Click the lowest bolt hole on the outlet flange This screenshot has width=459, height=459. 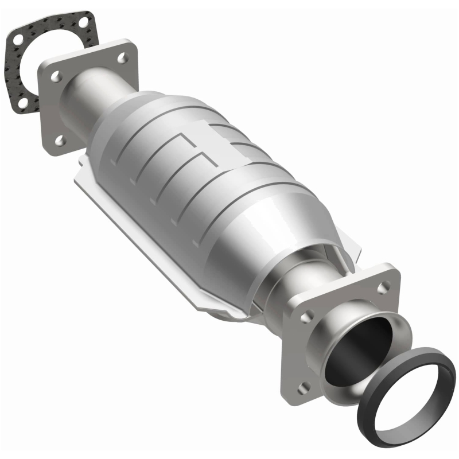tap(303, 386)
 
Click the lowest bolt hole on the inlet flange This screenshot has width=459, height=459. tap(59, 140)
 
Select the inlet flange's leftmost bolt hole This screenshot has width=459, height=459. tap(56, 76)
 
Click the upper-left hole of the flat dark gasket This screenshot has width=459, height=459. tap(17, 41)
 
